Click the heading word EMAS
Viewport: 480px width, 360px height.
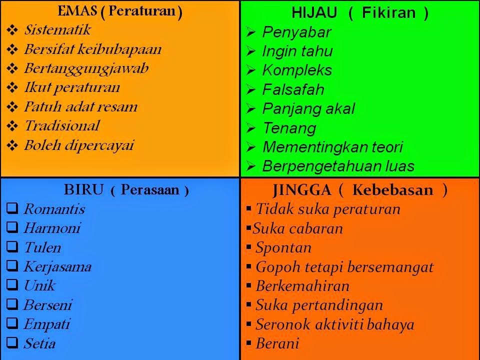click(x=77, y=11)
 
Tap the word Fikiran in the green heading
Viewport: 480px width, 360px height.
click(x=389, y=13)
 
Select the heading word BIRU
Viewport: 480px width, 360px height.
click(x=83, y=190)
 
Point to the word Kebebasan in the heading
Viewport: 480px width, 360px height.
click(x=393, y=190)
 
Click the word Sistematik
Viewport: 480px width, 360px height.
click(x=57, y=30)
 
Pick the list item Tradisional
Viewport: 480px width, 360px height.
click(x=62, y=126)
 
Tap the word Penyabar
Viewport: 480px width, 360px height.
click(x=296, y=32)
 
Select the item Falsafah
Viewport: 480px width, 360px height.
click(x=293, y=89)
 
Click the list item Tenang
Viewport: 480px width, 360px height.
click(x=289, y=128)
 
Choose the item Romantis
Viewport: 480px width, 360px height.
click(x=54, y=209)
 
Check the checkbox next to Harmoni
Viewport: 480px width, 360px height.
click(x=12, y=227)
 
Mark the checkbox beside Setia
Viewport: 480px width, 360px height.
click(x=12, y=342)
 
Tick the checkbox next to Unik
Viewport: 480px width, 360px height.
click(x=12, y=284)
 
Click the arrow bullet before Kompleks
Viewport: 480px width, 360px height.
click(x=250, y=70)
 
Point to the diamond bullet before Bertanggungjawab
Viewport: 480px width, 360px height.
click(x=12, y=68)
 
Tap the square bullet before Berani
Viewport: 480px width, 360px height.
click(x=248, y=343)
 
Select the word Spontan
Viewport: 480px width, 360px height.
click(x=283, y=247)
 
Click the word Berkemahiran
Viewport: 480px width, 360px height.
click(x=302, y=286)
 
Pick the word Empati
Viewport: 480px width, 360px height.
click(x=47, y=324)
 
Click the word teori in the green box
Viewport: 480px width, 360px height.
click(x=387, y=147)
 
